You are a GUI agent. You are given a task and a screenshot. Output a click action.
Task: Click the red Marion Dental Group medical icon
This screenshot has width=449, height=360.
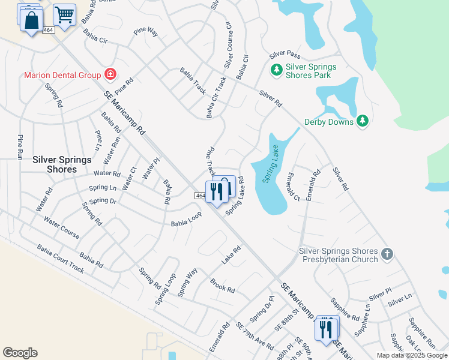(110, 74)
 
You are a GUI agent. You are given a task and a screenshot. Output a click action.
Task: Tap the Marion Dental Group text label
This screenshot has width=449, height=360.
(62, 75)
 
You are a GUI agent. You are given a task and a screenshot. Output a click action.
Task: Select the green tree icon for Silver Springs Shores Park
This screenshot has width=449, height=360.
(277, 70)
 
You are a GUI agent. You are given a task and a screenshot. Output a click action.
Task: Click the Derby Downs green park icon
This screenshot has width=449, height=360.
(362, 121)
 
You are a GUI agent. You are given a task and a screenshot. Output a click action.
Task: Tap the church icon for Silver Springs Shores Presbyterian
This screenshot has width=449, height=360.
(387, 254)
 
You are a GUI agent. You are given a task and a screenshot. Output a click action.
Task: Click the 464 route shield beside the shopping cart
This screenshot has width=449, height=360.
(49, 30)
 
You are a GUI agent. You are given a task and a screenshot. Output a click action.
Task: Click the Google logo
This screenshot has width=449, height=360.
(20, 353)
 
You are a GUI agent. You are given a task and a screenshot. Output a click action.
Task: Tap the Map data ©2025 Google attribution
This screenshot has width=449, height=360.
(412, 355)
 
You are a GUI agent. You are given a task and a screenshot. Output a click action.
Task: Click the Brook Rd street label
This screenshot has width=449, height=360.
(222, 285)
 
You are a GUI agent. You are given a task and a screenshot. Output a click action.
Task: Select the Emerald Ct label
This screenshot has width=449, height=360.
(293, 187)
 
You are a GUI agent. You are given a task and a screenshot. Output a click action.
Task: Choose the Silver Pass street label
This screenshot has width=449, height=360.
(285, 54)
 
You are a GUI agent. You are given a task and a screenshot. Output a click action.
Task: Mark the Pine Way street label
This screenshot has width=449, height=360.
(146, 32)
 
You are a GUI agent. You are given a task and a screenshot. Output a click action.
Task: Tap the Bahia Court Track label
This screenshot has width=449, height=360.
(61, 258)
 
